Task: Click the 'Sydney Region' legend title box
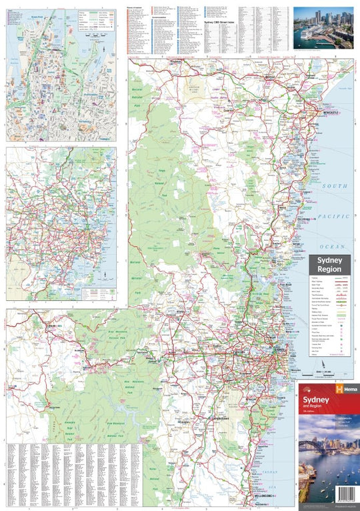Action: (329, 264)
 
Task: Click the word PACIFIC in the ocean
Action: (337, 217)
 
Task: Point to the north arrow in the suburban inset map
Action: (105, 274)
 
